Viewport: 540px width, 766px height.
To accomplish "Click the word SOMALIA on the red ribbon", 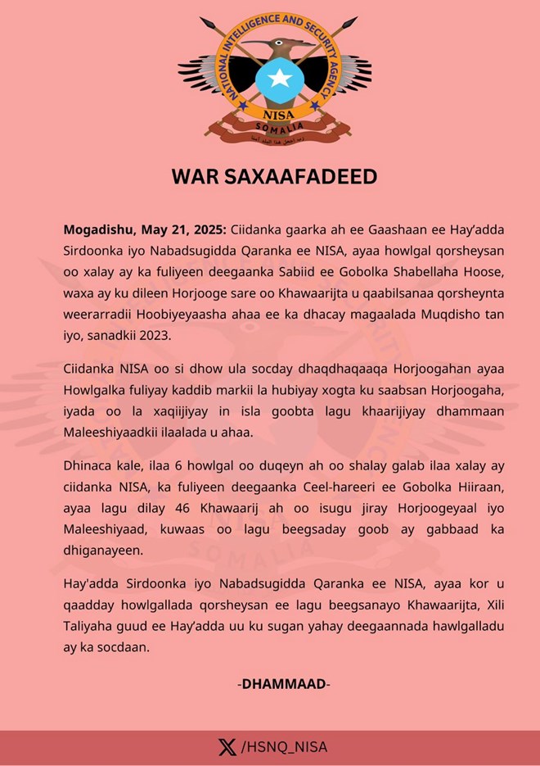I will [x=274, y=128].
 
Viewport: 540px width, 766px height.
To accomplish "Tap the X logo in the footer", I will [x=227, y=747].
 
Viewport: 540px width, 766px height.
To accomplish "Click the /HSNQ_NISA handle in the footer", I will [x=284, y=747].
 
